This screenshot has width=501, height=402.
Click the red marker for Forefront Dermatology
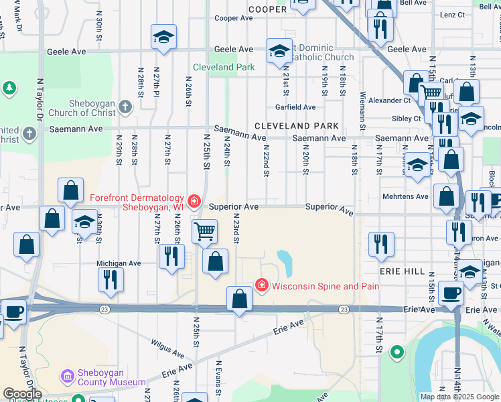click(x=194, y=200)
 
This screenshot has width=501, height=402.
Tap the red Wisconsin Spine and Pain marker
click(x=261, y=286)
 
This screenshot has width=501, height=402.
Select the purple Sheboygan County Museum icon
click(x=67, y=377)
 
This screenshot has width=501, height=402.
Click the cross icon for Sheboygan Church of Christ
click(x=125, y=107)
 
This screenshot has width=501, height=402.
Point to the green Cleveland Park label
click(x=224, y=67)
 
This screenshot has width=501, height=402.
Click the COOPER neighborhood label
click(x=267, y=9)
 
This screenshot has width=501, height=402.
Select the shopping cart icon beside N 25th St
click(x=204, y=232)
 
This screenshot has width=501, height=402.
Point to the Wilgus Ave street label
click(x=167, y=348)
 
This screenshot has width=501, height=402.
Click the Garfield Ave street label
click(x=295, y=107)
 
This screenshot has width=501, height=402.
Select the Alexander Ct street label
click(x=389, y=100)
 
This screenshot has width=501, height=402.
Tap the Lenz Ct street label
click(x=452, y=15)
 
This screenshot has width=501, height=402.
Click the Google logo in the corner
click(x=22, y=393)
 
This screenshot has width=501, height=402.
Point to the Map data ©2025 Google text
click(x=459, y=397)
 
